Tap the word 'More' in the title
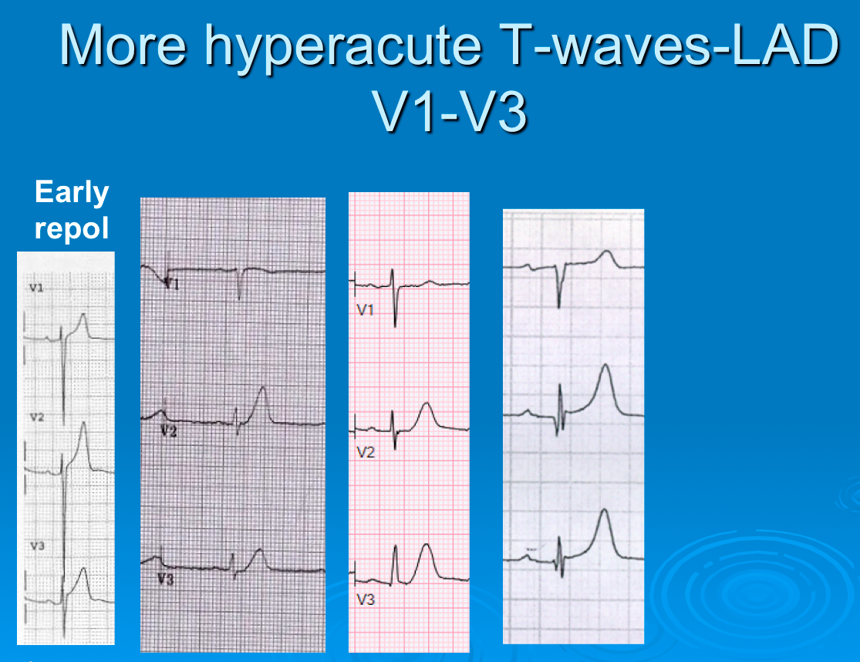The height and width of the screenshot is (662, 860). [123, 46]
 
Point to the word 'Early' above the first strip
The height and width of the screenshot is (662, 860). [72, 192]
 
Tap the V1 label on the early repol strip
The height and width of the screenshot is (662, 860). [36, 288]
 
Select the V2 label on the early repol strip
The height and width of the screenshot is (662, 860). [36, 417]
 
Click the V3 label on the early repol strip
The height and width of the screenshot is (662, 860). [36, 545]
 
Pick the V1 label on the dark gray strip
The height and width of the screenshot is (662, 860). [170, 285]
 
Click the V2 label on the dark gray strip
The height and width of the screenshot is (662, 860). [169, 431]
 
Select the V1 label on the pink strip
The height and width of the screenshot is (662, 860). [365, 309]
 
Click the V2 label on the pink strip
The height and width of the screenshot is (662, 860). [366, 452]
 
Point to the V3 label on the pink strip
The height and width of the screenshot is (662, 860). [366, 598]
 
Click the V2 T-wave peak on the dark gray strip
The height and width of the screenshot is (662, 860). [263, 388]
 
